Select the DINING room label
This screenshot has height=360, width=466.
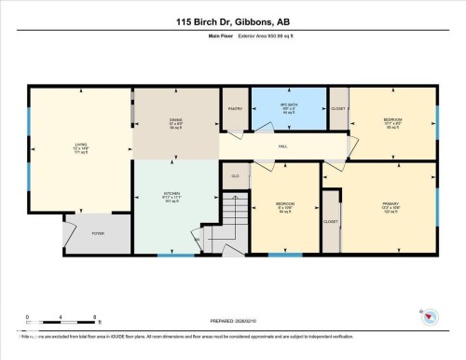click(x=175, y=121)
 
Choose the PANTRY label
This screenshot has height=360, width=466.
click(x=235, y=108)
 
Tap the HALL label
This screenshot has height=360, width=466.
click(x=282, y=146)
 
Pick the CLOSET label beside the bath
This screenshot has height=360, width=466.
click(x=338, y=108)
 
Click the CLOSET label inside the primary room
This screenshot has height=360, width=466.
click(x=330, y=222)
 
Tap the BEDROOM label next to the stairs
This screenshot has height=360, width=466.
click(x=284, y=204)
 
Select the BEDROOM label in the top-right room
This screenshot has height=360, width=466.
click(x=392, y=120)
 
